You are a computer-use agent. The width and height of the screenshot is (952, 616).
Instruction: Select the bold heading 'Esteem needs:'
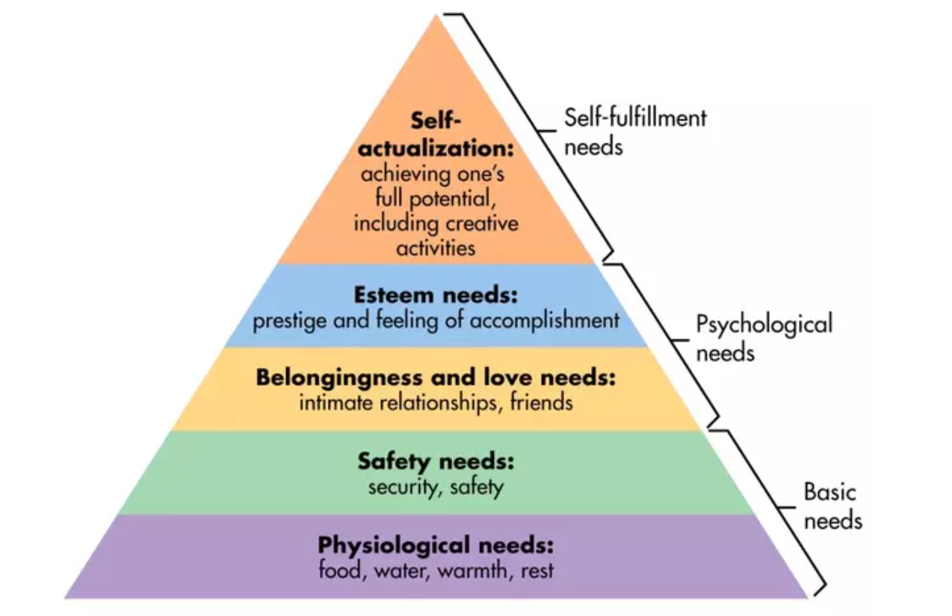coord(436,295)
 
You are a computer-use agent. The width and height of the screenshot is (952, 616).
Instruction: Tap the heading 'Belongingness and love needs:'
coord(436,377)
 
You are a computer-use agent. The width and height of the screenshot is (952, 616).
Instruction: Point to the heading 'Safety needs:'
coord(436,461)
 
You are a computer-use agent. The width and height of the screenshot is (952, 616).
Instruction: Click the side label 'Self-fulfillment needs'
coord(635,131)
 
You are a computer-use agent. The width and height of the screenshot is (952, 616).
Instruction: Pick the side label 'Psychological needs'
coord(763,338)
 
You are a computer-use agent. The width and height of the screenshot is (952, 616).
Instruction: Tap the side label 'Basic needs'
coord(832,505)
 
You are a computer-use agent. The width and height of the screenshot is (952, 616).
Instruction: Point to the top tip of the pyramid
coord(436,16)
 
